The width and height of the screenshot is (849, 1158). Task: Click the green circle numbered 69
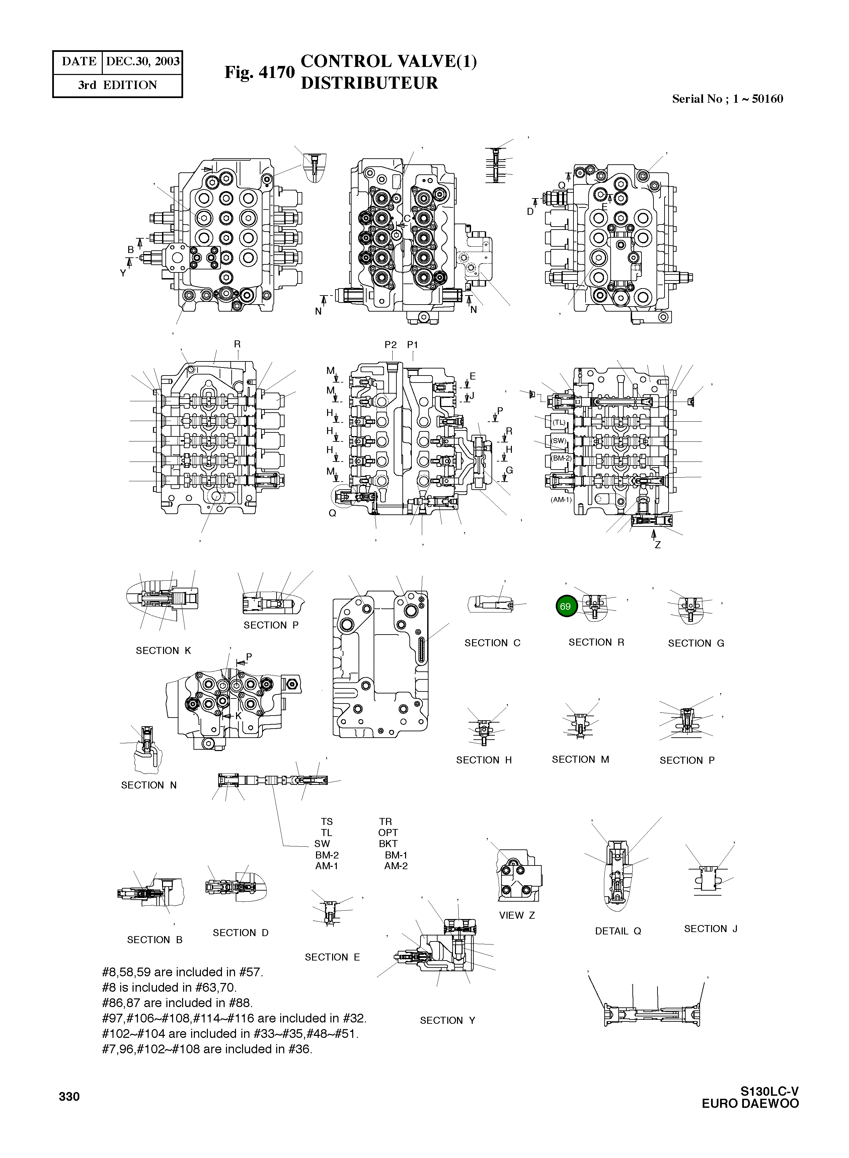565,606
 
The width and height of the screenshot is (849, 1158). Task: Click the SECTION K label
163,650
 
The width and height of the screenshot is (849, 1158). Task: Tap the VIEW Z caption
517,915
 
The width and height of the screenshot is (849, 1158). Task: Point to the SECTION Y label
447,1020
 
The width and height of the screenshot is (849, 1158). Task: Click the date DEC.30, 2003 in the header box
142,62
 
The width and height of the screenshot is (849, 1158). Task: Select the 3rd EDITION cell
117,85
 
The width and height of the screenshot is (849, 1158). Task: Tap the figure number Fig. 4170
259,72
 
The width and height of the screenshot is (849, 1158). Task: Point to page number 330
69,1097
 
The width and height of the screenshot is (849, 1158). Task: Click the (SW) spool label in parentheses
558,441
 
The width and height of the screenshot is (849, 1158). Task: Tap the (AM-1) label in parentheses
561,499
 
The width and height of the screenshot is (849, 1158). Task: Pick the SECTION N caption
149,785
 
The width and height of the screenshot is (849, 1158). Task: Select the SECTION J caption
710,928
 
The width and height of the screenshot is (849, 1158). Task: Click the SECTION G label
696,643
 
